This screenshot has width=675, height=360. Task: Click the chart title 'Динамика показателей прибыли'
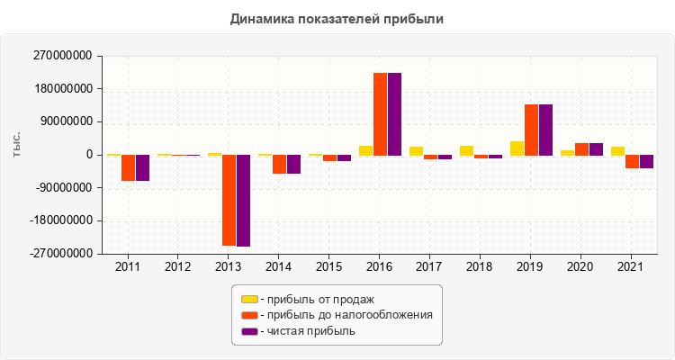(x=337, y=18)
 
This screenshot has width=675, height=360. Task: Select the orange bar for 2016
(x=380, y=113)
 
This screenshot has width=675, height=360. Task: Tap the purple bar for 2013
(x=243, y=200)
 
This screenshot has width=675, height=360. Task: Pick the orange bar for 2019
(x=531, y=130)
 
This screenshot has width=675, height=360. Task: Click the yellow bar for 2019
(x=517, y=148)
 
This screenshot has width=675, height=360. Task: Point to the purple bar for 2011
(x=142, y=167)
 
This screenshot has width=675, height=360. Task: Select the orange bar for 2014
(x=279, y=164)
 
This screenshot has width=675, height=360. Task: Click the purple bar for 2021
(x=646, y=161)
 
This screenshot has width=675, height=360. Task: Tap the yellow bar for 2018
(x=466, y=150)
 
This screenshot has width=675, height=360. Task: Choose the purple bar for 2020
(x=596, y=149)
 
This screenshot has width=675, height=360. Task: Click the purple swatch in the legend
(x=249, y=331)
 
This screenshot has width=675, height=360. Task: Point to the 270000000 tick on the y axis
(x=62, y=56)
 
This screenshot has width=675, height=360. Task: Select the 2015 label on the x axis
(x=329, y=267)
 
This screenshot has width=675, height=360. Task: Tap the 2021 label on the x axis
(x=632, y=267)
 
